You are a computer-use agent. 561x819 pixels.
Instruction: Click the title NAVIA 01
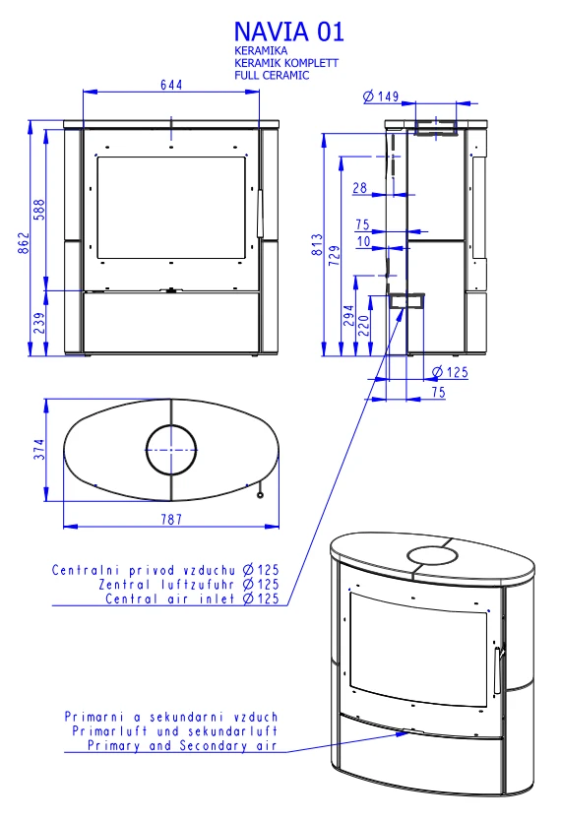point(288,31)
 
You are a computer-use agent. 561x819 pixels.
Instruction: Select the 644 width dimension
point(171,85)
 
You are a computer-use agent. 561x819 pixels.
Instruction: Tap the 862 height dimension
point(24,243)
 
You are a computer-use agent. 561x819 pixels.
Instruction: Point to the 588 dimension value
point(39,209)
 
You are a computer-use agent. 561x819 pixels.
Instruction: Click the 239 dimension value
point(39,323)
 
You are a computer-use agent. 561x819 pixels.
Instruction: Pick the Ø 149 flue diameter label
point(381,96)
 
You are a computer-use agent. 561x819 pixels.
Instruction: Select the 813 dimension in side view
point(317,244)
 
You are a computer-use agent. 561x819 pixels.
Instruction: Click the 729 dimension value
point(335,255)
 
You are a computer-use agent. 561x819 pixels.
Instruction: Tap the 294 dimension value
point(349,315)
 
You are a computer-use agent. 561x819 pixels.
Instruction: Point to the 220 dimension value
point(364,325)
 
